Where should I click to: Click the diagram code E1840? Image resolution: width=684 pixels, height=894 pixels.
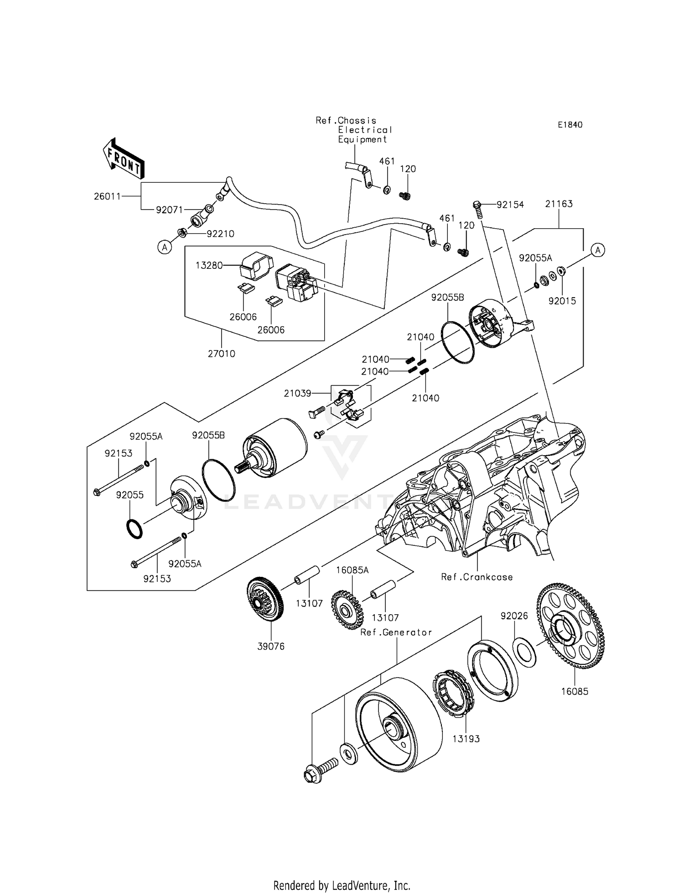coord(570,124)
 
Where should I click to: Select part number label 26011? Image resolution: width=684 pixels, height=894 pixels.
coord(107,196)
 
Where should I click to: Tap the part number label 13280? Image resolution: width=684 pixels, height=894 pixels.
coord(209,265)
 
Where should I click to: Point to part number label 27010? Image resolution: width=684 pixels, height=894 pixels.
coord(222,354)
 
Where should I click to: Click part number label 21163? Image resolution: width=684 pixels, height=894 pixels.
coord(559,204)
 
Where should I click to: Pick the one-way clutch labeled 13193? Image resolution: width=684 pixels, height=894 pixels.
coord(453,693)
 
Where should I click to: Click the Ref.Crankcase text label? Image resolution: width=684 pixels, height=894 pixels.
coord(477,577)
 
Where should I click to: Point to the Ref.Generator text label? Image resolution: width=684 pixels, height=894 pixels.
coord(396,632)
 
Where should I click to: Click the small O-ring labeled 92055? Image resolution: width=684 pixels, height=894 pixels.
coord(134,528)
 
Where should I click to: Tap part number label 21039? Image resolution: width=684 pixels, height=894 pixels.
coord(297,393)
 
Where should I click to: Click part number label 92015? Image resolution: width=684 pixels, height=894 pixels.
coord(562,301)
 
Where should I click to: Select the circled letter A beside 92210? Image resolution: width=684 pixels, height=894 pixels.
coord(164,247)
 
